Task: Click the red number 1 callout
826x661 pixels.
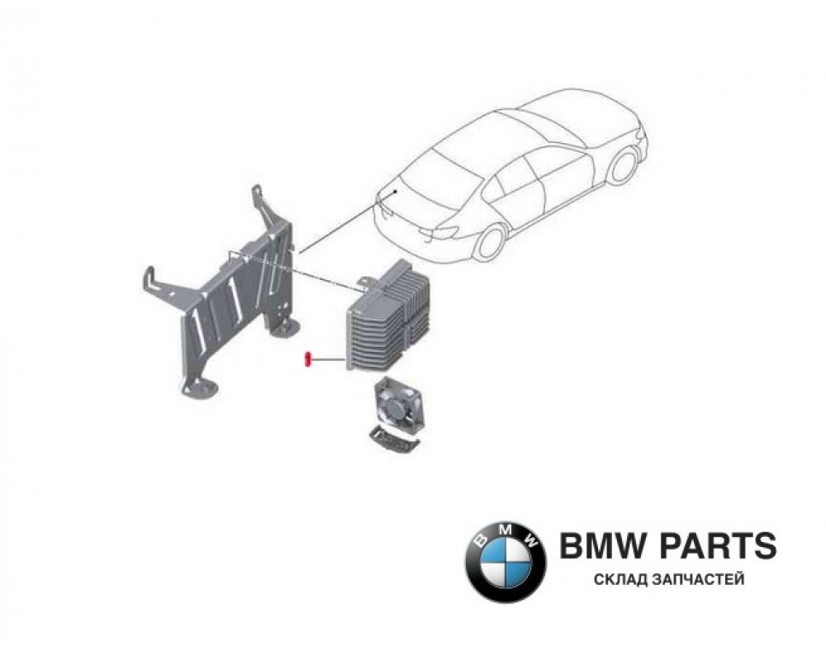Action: tap(306, 359)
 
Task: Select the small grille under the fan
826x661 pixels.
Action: tap(392, 439)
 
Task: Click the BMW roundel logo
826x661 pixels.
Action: tap(505, 560)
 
